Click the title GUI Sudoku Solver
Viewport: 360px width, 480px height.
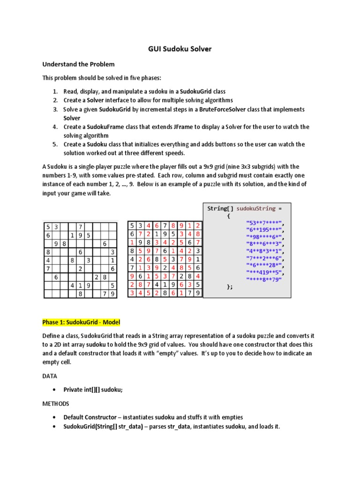(180, 48)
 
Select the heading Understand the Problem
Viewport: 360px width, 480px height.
(78, 64)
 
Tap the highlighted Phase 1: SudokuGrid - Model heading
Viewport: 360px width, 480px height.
(82, 322)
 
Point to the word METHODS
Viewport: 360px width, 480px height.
(56, 403)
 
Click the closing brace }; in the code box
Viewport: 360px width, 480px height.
(229, 287)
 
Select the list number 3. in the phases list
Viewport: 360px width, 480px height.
(55, 109)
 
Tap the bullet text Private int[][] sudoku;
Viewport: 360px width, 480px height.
(93, 390)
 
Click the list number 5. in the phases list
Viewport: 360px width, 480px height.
(55, 144)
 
